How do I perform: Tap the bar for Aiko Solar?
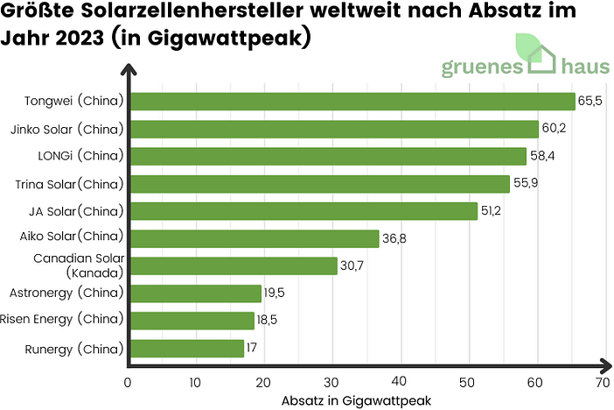coord(255,238)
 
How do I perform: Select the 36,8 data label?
coord(395,238)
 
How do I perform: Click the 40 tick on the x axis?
coord(399,382)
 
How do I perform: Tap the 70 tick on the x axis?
coord(602,382)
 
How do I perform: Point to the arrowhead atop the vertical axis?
coord(129,69)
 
